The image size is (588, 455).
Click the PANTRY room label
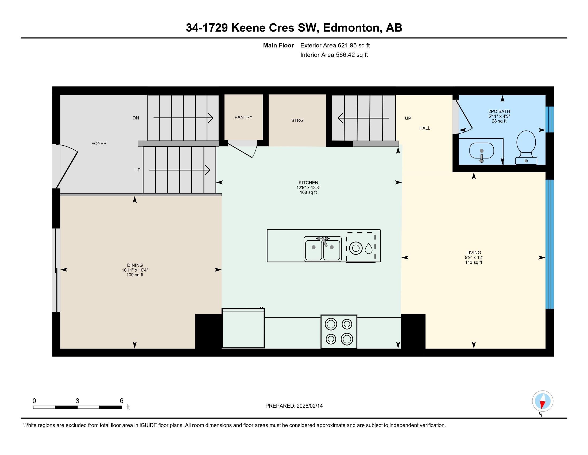pyautogui.click(x=243, y=117)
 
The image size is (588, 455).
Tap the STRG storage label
pyautogui.click(x=297, y=120)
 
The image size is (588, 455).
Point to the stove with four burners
pyautogui.click(x=339, y=332)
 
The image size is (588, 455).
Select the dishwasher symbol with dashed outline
pyautogui.click(x=361, y=247)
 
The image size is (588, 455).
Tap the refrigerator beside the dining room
pyautogui.click(x=243, y=328)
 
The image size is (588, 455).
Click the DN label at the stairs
pyautogui.click(x=136, y=118)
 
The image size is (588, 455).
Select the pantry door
pyautogui.click(x=241, y=150)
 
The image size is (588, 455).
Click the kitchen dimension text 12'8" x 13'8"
pyautogui.click(x=308, y=188)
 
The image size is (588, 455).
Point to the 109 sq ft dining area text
pyautogui.click(x=135, y=275)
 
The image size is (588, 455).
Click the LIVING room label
pyautogui.click(x=474, y=253)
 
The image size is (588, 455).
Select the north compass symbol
pyautogui.click(x=542, y=401)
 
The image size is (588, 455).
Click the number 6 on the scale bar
pyautogui.click(x=121, y=401)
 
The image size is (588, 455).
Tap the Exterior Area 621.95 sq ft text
pyautogui.click(x=335, y=45)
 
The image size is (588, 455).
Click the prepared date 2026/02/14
pyautogui.click(x=309, y=406)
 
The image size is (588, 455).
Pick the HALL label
pyautogui.click(x=425, y=128)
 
